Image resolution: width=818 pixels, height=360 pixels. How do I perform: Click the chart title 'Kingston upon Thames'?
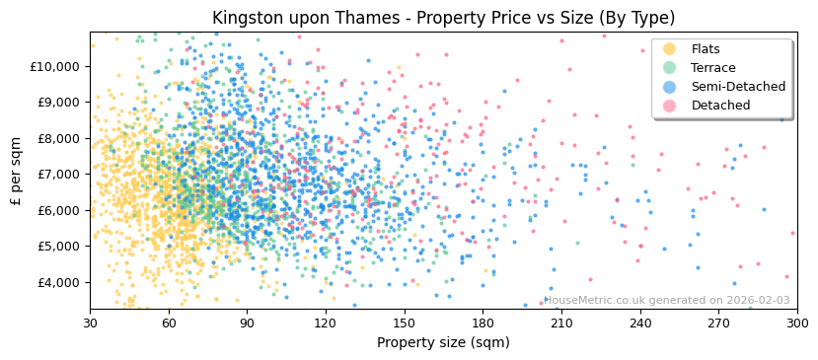click(443, 18)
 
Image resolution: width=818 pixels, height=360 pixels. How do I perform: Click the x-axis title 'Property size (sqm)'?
click(443, 342)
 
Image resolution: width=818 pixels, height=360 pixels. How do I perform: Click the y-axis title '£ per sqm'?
click(17, 172)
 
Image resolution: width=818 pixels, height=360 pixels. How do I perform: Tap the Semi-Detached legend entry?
click(738, 87)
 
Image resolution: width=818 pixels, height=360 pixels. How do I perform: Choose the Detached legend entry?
click(720, 106)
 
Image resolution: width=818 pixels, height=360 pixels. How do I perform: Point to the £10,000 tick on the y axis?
click(53, 66)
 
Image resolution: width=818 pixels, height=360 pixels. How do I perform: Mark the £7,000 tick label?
click(56, 175)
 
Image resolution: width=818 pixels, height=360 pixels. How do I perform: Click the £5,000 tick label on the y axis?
click(56, 247)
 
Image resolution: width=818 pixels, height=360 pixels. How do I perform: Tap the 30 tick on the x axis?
click(90, 323)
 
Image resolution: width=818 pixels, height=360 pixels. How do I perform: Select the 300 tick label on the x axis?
click(797, 323)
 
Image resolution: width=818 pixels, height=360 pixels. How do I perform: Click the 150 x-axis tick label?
click(404, 323)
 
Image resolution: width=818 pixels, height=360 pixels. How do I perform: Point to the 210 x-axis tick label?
click(561, 323)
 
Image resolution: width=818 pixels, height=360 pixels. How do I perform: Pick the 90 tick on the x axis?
click(247, 323)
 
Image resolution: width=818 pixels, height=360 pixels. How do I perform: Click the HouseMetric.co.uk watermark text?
click(667, 301)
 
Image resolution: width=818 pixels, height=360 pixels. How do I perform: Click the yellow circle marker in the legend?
click(670, 49)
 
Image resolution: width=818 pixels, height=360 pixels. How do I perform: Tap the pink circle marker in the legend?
click(670, 106)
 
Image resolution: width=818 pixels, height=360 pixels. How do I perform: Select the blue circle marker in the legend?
click(670, 87)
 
